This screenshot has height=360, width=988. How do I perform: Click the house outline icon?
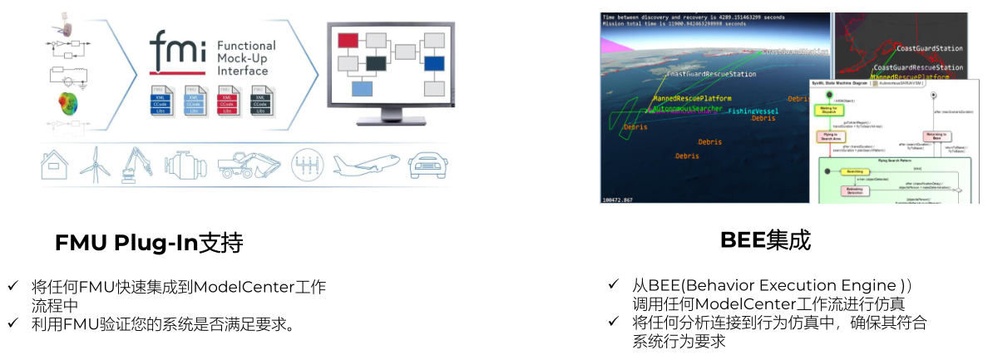click(54, 164)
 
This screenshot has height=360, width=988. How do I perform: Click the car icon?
click(428, 164)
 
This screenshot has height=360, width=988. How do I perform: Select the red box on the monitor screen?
click(348, 39)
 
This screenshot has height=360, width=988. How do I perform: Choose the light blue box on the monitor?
click(362, 87)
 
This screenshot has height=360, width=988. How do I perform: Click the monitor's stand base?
click(390, 125)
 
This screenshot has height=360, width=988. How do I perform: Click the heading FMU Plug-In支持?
click(149, 243)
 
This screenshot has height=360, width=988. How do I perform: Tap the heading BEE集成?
click(765, 240)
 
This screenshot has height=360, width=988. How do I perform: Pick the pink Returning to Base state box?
click(936, 136)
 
